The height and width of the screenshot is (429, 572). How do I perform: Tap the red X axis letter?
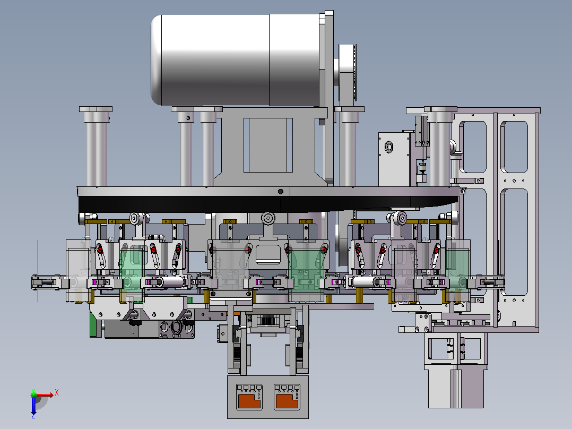[57, 393]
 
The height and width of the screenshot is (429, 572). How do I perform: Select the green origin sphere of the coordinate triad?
[34, 394]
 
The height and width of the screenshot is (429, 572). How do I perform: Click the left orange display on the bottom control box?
[249, 400]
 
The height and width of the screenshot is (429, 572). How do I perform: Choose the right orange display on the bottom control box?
[287, 400]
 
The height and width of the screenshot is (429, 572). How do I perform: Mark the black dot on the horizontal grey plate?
[281, 191]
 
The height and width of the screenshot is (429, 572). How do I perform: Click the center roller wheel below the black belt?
[268, 218]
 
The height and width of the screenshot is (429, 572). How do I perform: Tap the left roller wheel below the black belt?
[136, 218]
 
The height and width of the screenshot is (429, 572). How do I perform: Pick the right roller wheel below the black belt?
[400, 218]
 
